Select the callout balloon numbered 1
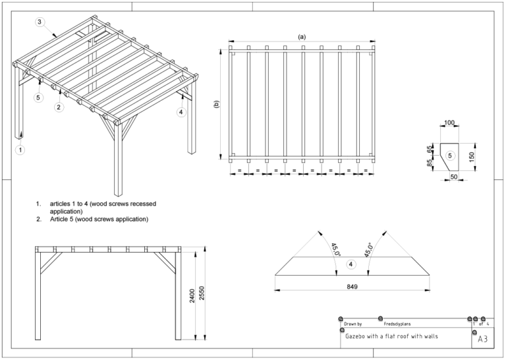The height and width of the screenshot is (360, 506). [20, 150]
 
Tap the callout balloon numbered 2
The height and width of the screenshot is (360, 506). [59, 107]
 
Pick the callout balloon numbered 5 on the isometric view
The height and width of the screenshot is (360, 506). [38, 98]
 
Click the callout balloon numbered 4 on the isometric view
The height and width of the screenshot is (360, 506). [181, 112]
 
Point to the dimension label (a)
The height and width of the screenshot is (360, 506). [302, 37]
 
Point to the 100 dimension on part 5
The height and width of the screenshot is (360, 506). [450, 124]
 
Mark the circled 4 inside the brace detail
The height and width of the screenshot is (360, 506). [351, 264]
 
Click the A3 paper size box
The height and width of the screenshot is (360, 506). [482, 340]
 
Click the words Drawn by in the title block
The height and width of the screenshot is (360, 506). [353, 324]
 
